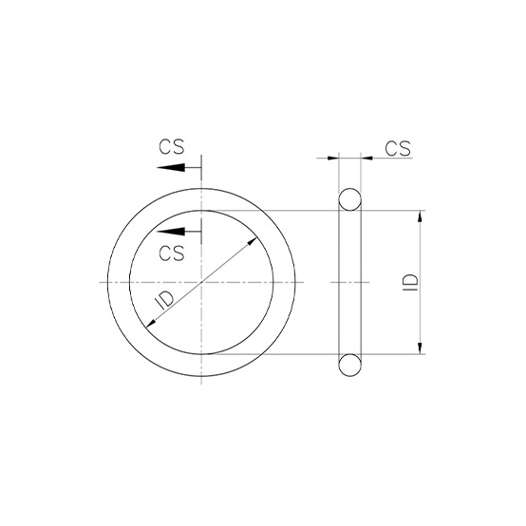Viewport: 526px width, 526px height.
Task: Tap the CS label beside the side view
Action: coord(398,147)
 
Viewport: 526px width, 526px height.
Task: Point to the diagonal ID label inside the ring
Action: coord(162,302)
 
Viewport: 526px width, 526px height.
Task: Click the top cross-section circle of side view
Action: coord(350,200)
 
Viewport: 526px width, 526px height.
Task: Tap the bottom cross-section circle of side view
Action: coord(350,365)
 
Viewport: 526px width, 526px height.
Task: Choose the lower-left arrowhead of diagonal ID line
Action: coord(150,324)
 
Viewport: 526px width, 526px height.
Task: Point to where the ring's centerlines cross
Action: coord(201,283)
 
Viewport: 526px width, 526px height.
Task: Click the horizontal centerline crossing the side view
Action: coord(350,283)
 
